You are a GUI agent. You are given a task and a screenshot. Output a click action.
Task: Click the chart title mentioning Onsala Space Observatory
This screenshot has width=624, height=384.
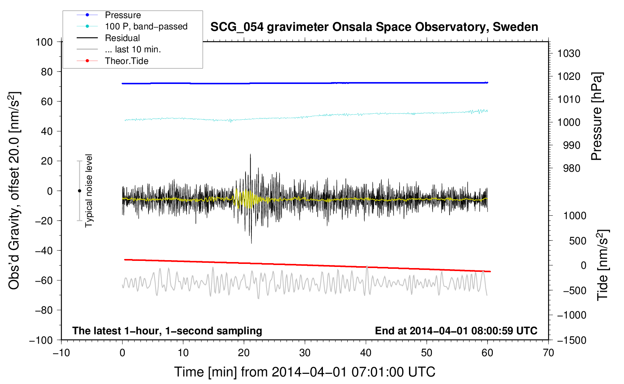[x=374, y=27]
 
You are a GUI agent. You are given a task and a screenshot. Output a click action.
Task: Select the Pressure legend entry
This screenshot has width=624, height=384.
[x=123, y=15]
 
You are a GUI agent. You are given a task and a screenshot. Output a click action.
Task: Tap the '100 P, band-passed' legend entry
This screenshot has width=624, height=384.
[x=146, y=26]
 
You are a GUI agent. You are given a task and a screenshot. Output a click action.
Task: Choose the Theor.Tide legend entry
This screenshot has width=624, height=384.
[x=126, y=61]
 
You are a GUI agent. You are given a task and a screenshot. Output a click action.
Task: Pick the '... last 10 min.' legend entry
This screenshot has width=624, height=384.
[x=133, y=49]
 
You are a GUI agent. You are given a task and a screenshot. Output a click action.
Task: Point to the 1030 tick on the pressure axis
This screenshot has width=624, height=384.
[x=568, y=53]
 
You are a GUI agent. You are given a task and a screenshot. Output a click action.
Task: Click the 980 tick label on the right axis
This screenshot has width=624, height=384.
[x=571, y=168]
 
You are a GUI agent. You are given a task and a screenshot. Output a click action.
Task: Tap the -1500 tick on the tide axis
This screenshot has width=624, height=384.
[x=571, y=340]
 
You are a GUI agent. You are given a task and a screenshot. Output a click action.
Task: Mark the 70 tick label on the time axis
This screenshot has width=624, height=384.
[x=548, y=353]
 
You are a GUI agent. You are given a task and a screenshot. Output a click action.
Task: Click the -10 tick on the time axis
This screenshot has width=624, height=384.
[x=61, y=353]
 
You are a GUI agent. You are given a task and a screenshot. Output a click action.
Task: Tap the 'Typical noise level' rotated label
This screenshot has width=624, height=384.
[x=89, y=190]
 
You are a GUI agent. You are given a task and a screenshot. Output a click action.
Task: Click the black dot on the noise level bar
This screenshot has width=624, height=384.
[x=79, y=191]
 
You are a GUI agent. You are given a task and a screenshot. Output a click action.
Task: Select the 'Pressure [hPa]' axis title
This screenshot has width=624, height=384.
[x=597, y=116]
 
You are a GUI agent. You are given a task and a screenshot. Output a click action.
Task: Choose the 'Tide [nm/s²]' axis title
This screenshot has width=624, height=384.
[x=603, y=265]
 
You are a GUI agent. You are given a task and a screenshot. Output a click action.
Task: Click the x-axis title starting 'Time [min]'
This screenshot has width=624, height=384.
[x=304, y=372]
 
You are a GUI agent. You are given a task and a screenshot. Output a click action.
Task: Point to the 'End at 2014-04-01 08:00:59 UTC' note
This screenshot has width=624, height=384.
[x=456, y=331]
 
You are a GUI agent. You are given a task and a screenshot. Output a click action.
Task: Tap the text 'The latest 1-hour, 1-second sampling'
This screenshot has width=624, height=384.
[x=167, y=331]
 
